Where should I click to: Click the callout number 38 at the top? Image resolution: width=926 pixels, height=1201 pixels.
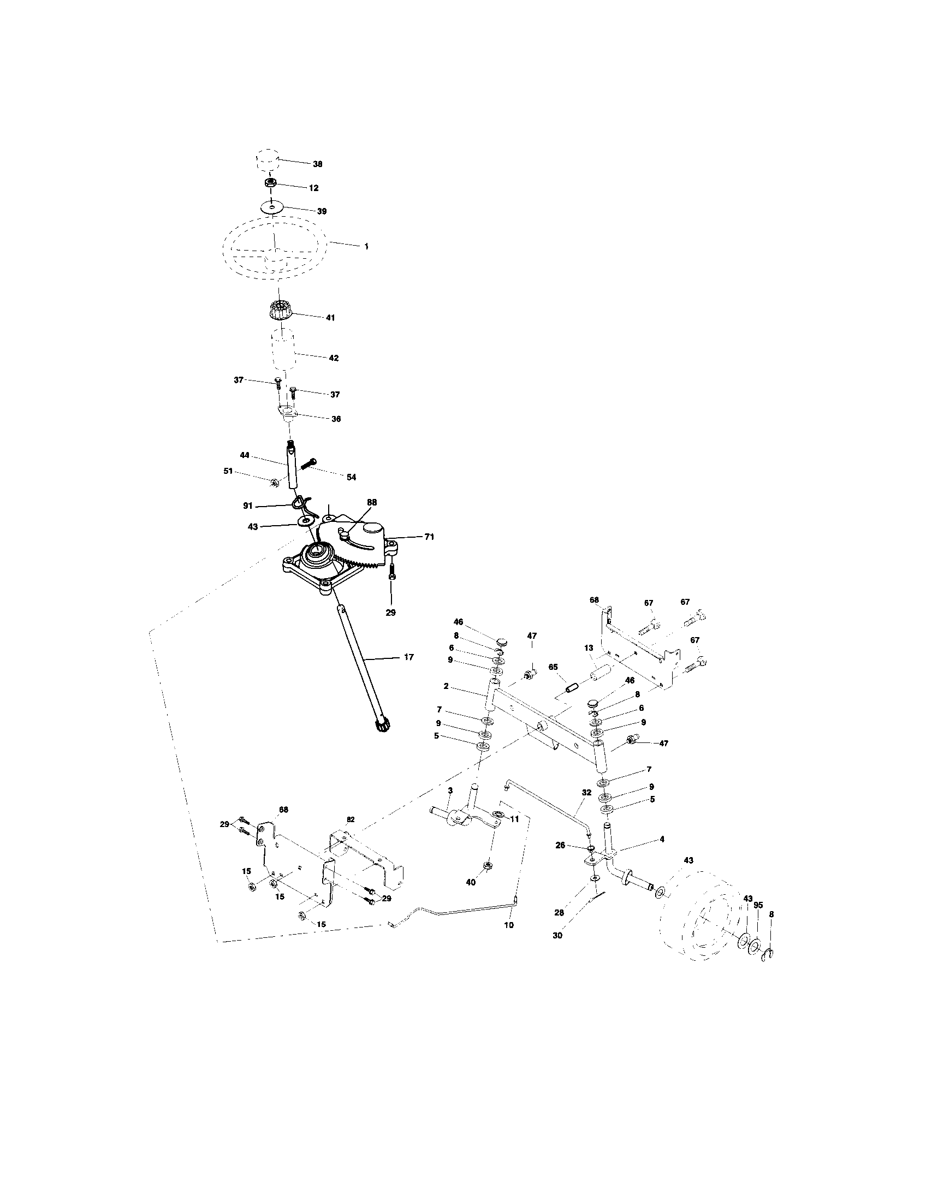[x=317, y=164]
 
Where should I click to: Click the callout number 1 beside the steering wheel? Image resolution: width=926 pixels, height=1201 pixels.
[x=366, y=246]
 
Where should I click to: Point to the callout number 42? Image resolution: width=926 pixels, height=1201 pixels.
[x=333, y=358]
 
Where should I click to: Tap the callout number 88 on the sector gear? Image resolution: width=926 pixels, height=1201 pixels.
[x=372, y=502]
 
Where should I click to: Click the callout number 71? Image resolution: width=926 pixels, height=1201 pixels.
[x=429, y=537]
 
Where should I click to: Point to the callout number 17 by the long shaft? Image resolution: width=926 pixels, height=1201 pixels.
[x=408, y=657]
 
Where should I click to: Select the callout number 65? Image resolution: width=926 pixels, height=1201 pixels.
[x=553, y=667]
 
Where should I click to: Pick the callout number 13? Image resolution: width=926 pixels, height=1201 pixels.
[x=589, y=649]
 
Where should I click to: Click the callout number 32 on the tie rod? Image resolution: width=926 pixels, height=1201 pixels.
[x=586, y=793]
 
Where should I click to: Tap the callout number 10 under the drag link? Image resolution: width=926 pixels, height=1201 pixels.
[x=509, y=925]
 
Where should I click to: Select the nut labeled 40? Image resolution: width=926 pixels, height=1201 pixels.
[x=487, y=867]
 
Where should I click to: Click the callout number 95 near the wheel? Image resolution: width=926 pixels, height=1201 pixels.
[x=758, y=905]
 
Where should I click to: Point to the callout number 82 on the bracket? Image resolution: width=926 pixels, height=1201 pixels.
[x=351, y=819]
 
